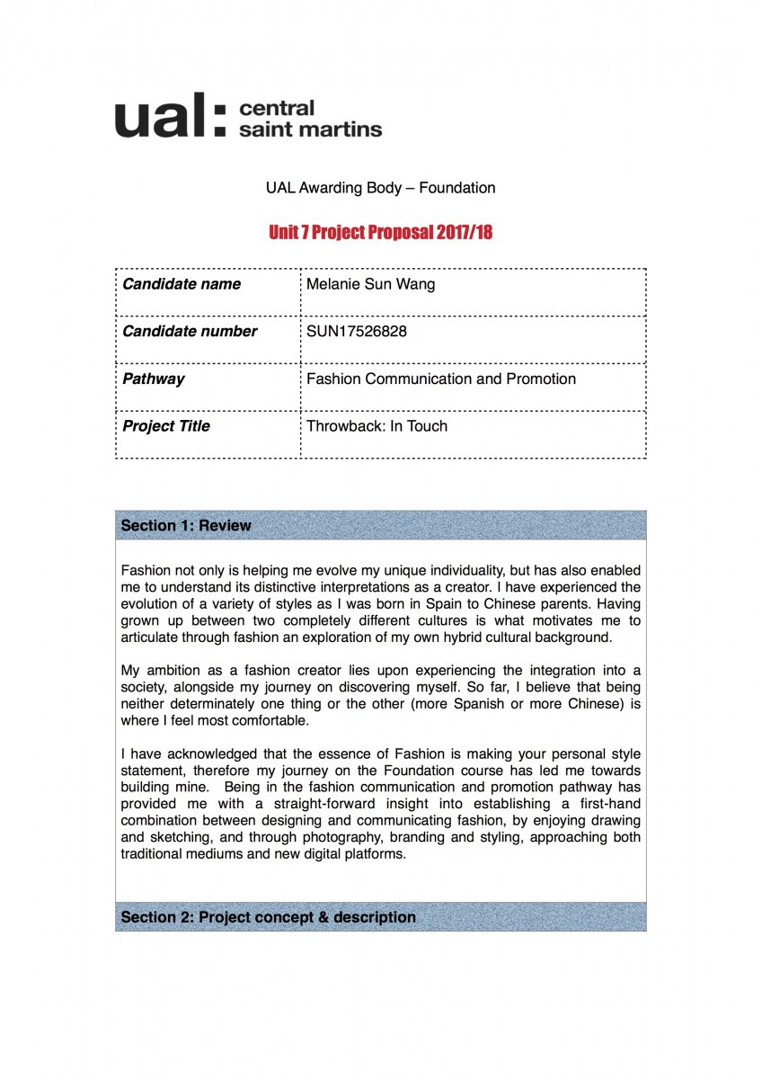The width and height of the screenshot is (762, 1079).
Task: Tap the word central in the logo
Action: (277, 108)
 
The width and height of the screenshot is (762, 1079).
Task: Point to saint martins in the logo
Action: (310, 129)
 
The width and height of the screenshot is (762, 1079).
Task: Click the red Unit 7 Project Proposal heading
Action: (380, 232)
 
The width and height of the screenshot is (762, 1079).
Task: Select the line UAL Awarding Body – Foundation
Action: (380, 188)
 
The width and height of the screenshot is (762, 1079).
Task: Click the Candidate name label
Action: (182, 284)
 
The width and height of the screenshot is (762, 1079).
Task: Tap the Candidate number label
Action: (190, 331)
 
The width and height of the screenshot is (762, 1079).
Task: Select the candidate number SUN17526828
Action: (357, 331)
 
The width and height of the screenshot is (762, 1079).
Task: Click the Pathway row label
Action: (154, 379)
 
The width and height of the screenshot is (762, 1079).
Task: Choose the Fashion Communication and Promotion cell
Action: (441, 379)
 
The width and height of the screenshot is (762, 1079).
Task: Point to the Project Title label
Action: (166, 426)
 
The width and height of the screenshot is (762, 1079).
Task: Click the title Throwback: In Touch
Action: (377, 426)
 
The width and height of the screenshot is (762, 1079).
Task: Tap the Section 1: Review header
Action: (186, 525)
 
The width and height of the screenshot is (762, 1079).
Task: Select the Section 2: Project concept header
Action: (268, 917)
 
